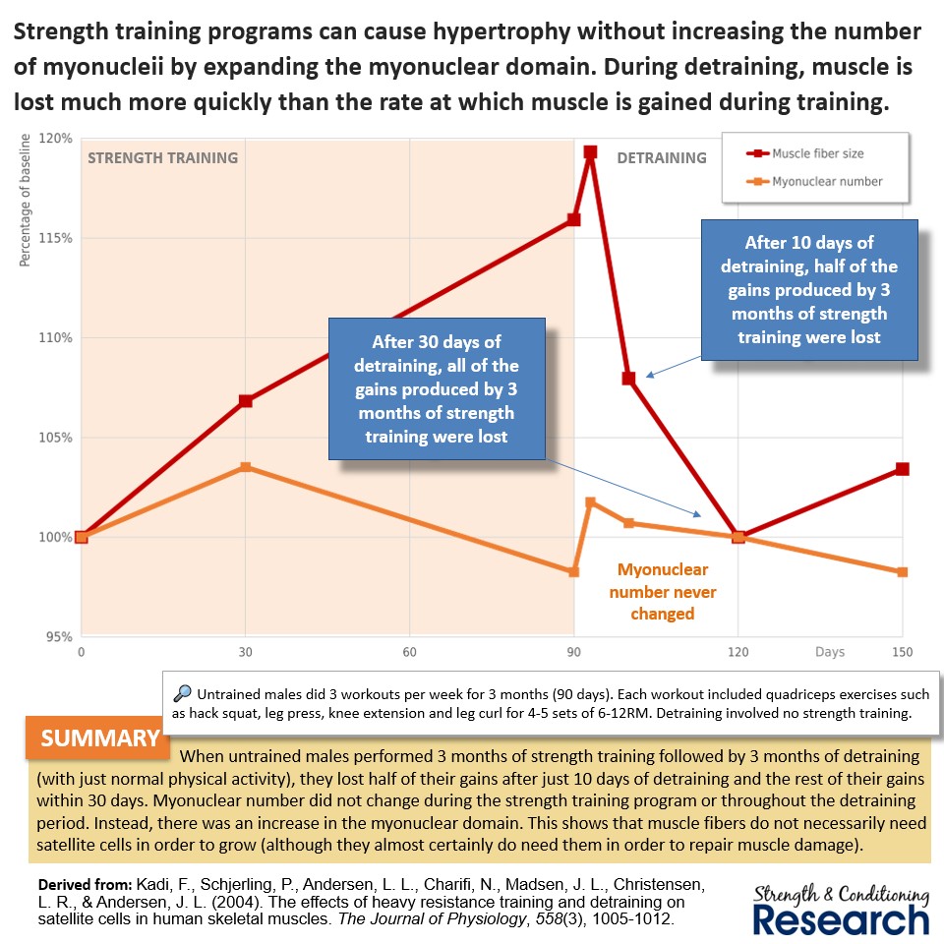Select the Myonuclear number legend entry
coord(826,181)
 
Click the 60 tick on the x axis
coord(409,652)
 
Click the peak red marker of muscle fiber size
coord(590,152)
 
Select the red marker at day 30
coord(246,400)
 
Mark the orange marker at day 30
coord(246,467)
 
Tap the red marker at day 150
coord(902,469)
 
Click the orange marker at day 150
coord(902,572)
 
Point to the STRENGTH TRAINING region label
coord(163,157)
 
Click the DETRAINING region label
coord(661,157)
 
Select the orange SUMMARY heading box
coord(100,738)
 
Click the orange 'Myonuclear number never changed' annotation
coord(662,592)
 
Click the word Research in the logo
coord(840,918)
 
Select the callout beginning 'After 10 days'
coord(808,289)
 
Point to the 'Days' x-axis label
coord(829,652)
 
